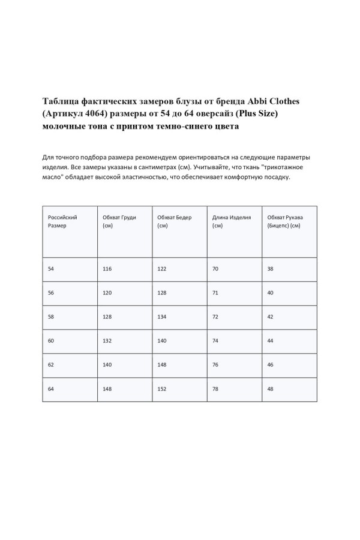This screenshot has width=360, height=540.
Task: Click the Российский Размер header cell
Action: click(62, 221)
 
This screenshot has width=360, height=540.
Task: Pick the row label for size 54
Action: click(51, 269)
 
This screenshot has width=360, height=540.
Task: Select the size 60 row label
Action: click(51, 341)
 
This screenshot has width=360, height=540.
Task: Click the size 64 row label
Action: click(51, 389)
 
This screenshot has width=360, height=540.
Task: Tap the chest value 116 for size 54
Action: click(107, 269)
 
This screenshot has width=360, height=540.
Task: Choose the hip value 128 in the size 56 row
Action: click(162, 293)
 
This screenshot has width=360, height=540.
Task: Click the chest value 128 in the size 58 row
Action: click(107, 317)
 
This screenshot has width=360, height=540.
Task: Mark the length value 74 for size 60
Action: click(215, 341)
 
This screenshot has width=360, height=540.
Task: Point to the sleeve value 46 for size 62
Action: click(271, 365)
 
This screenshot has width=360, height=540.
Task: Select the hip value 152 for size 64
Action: click(162, 389)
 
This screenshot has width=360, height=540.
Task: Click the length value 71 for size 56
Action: click(215, 293)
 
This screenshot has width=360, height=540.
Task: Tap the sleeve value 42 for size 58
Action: click(271, 317)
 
